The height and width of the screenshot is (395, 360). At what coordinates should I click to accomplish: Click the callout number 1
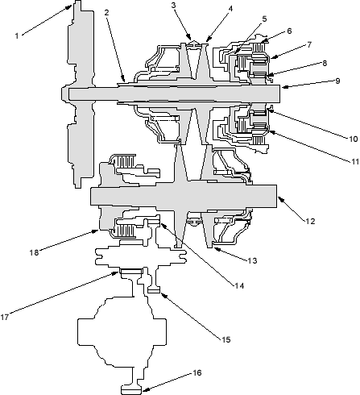17,35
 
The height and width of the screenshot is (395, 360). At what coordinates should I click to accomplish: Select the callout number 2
107,12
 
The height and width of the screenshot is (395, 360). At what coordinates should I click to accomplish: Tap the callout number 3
174,5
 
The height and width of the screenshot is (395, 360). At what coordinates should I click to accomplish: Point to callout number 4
230,9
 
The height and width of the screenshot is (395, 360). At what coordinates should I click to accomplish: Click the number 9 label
337,81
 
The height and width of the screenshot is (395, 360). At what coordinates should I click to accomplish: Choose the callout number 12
310,221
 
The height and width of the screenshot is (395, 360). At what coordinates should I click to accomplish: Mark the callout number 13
252,260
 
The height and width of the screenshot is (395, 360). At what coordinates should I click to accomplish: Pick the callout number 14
239,286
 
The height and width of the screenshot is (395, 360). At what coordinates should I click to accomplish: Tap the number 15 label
226,339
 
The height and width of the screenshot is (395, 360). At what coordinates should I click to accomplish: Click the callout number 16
197,372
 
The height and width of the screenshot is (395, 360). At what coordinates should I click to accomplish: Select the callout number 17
5,317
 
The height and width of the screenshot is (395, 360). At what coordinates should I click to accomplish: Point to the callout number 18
34,252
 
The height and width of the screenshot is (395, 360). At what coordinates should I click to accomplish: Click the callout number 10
354,139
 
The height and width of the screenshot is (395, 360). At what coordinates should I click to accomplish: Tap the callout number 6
289,31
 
